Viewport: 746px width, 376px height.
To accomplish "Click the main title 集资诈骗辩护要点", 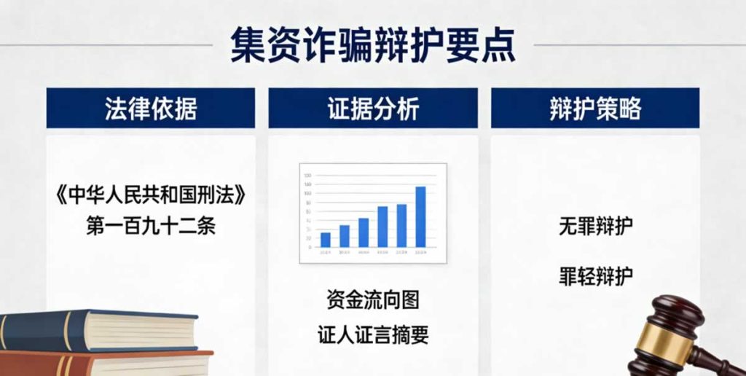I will click(372, 45).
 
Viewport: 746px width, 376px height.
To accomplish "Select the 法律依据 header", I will click(151, 109).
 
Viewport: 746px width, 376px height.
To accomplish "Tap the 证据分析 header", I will click(373, 109).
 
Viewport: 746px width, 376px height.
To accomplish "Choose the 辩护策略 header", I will click(594, 109).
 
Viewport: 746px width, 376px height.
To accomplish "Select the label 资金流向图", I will click(373, 299).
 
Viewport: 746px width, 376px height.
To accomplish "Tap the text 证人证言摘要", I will click(373, 334).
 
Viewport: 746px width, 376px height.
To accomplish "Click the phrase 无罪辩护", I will click(594, 226).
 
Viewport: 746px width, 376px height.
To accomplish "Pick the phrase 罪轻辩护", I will click(594, 276).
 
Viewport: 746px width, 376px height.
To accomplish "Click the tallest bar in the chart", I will click(420, 217).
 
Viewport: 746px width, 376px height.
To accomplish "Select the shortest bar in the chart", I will click(326, 240).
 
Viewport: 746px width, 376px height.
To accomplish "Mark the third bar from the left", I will click(364, 232).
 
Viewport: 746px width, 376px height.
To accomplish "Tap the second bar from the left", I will click(345, 236).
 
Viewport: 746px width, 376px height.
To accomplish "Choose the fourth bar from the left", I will click(382, 227).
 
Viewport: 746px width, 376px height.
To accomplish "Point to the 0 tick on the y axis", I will click(309, 248).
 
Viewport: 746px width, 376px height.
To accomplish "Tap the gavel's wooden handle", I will click(718, 360).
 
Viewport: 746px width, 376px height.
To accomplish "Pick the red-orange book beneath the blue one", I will click(109, 364).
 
